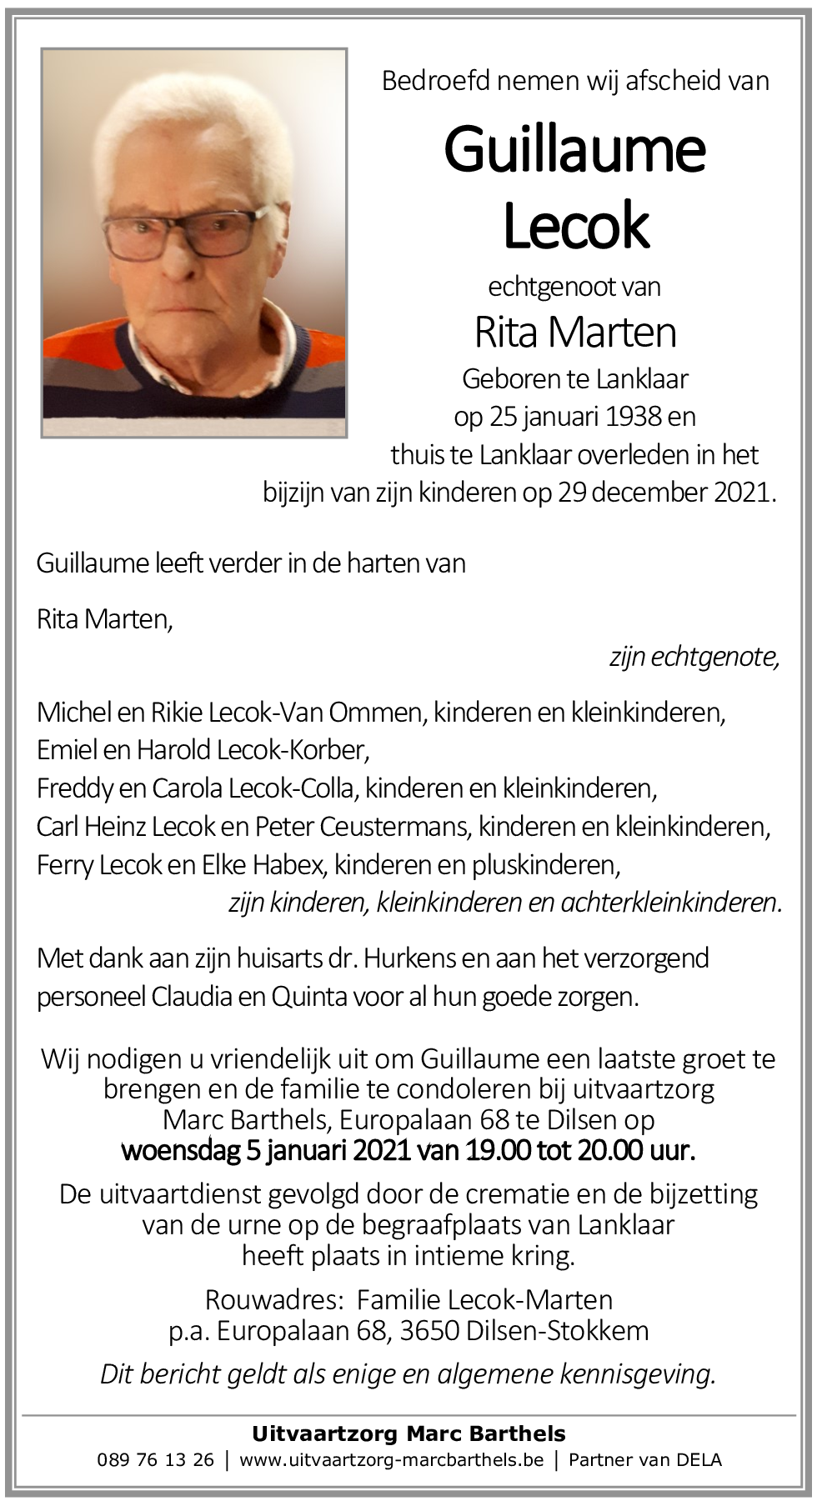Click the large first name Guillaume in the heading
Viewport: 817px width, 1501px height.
pos(574,150)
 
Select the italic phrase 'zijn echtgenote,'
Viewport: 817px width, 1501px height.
pos(694,658)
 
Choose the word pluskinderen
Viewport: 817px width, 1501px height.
pos(544,864)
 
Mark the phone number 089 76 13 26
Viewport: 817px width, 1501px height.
pos(156,1459)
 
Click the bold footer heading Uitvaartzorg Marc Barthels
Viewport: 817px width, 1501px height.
pos(408,1433)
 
